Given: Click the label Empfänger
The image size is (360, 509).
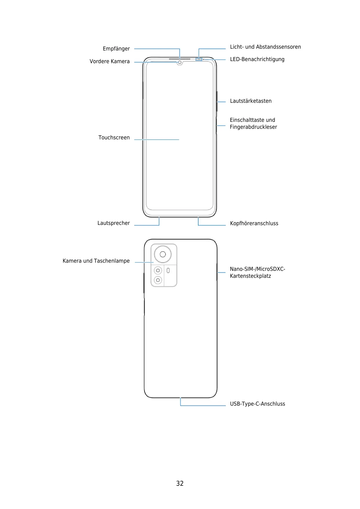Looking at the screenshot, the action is [116, 49].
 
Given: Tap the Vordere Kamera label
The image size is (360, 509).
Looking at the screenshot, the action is [109, 61].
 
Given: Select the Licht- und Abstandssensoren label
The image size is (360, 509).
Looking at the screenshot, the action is [265, 47].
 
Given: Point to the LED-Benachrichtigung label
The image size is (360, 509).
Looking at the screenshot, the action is [257, 59].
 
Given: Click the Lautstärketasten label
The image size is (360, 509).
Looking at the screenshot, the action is [251, 101].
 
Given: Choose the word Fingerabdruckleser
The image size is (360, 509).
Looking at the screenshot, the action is [253, 127].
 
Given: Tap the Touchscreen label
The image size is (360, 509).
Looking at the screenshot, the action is [114, 138].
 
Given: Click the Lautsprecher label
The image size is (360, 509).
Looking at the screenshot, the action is [113, 223].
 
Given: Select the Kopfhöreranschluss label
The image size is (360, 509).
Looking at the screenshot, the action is [254, 223].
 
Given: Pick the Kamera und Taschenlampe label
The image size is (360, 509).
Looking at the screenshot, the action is [96, 261].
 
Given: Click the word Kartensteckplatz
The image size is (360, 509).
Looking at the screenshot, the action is [250, 276].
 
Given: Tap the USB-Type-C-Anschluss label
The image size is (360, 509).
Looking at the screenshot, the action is [257, 404].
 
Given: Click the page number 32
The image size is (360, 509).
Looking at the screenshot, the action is [180, 483].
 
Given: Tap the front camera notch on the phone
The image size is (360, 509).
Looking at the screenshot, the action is [180, 63].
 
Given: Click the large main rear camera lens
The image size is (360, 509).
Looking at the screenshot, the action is [163, 254].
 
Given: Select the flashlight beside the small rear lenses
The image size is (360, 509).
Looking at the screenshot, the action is [168, 271].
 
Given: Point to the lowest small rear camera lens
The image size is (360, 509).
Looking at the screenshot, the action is [158, 280].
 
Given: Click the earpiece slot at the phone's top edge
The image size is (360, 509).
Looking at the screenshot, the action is [180, 59].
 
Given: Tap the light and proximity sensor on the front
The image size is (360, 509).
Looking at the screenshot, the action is [199, 59].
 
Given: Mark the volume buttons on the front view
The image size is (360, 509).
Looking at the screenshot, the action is [217, 102].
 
